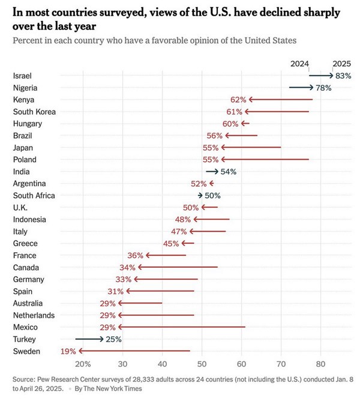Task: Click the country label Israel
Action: [22, 76]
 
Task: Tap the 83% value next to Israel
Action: [343, 76]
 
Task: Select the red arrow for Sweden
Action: [134, 351]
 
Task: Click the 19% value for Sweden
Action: [68, 351]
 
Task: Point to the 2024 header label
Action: [299, 63]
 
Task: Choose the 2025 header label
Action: [341, 63]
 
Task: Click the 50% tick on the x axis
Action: [202, 364]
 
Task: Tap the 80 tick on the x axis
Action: [320, 364]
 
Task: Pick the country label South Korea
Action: [34, 112]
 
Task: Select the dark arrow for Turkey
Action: [89, 339]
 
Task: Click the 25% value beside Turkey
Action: [113, 339]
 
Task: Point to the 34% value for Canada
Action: [127, 267]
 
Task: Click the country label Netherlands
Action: [34, 315]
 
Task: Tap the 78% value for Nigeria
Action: [324, 88]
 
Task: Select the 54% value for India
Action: [229, 171]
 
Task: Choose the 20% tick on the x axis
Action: [83, 364]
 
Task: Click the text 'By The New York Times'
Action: [108, 389]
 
